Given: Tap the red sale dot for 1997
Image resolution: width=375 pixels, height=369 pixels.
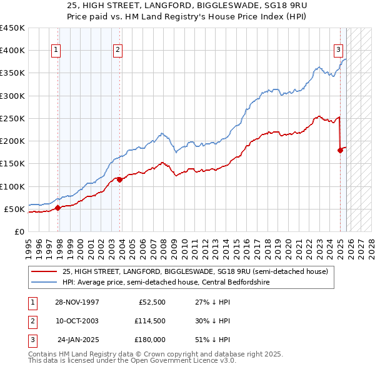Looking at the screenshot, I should (57, 208).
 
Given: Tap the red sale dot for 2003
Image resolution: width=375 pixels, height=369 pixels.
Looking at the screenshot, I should (119, 179).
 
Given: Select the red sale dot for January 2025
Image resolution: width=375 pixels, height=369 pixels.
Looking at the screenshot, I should (341, 150).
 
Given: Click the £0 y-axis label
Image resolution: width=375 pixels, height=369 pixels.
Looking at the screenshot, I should (19, 231).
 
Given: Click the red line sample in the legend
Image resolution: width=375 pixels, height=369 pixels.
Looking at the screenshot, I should (44, 271).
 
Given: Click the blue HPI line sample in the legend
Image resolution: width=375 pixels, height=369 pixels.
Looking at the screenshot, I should (44, 282).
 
